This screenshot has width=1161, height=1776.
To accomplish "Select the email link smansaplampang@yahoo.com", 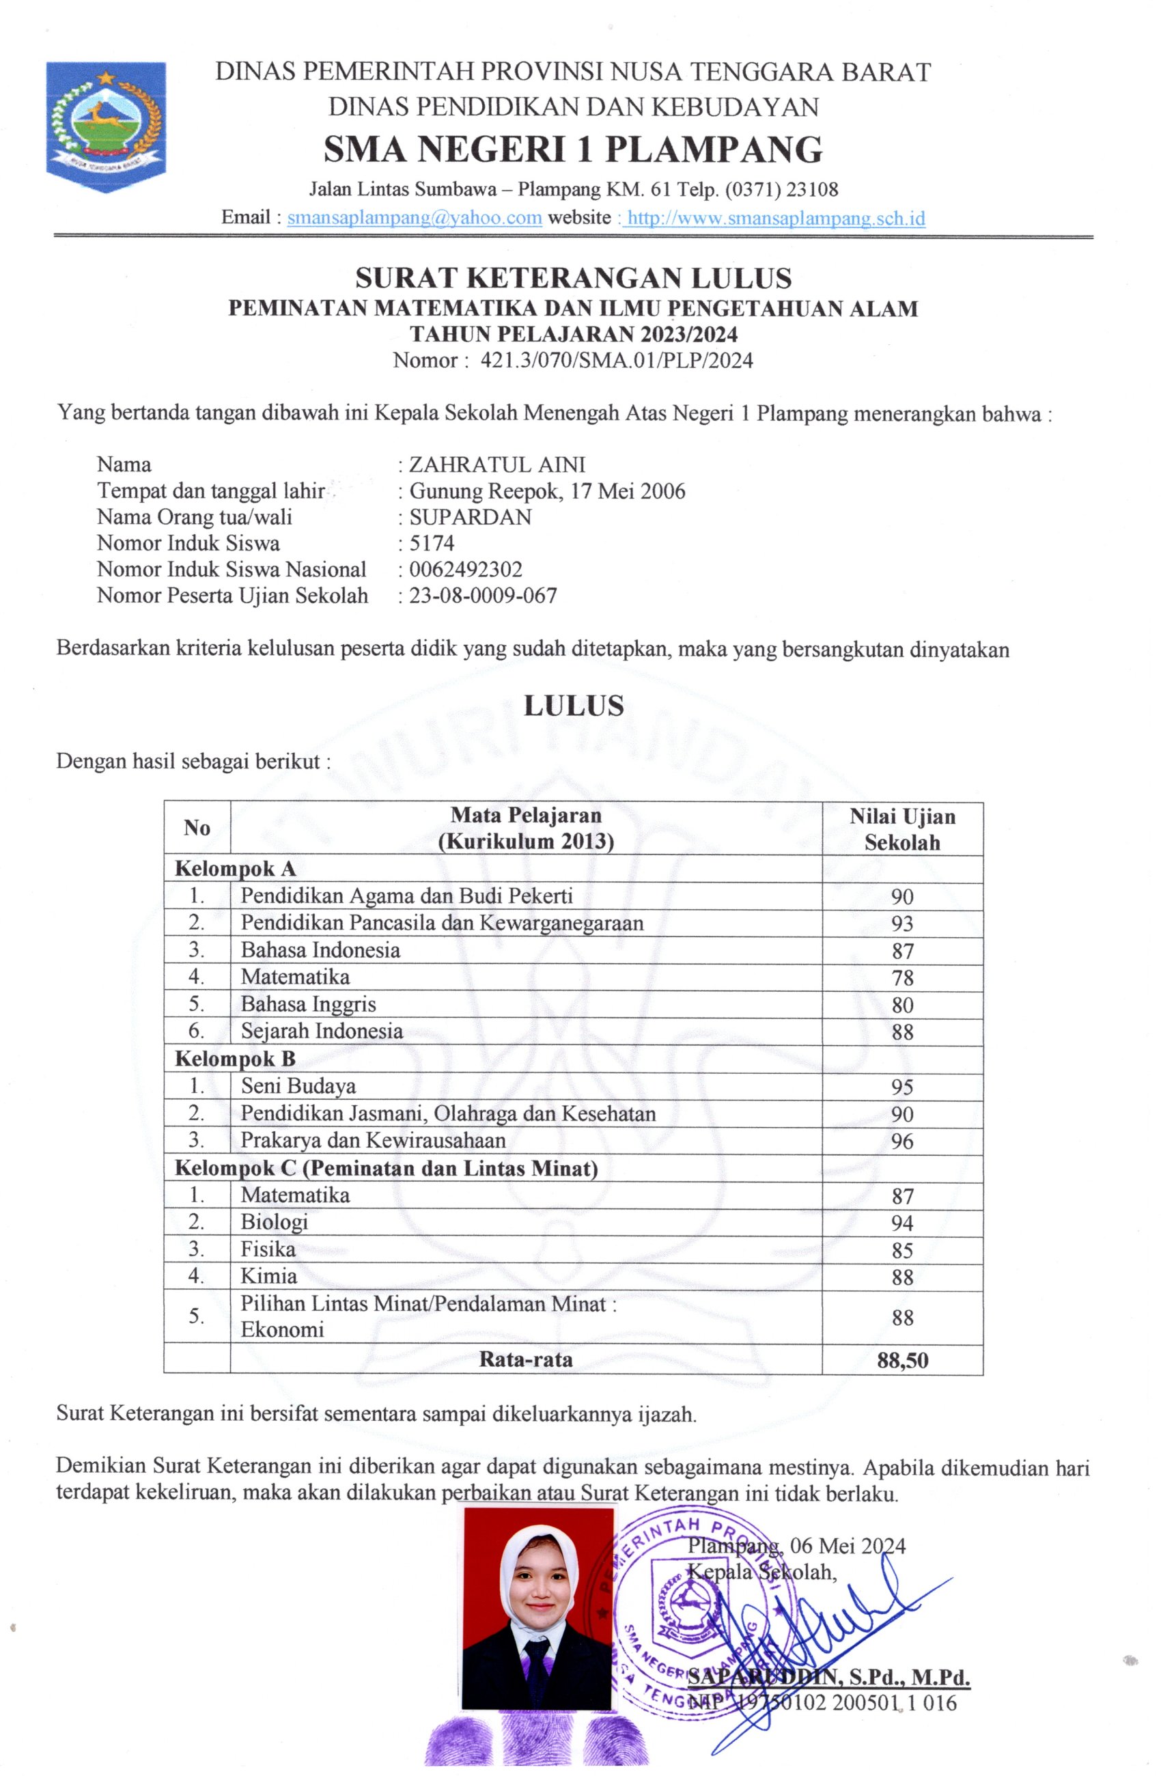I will [x=414, y=218].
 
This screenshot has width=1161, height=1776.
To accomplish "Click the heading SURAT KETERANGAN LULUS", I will [x=573, y=278].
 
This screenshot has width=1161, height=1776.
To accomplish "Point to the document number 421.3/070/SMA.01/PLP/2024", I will [x=616, y=361].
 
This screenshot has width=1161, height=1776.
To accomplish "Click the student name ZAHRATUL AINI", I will [x=497, y=464].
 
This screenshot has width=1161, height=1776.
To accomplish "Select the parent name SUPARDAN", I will [x=470, y=517].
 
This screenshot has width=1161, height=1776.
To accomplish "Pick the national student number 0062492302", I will [x=466, y=570].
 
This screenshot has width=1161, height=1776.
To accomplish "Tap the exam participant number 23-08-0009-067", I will [x=483, y=596].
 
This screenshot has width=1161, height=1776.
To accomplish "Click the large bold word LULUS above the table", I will [x=573, y=706].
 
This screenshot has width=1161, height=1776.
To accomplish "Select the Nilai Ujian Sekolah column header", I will [x=901, y=829].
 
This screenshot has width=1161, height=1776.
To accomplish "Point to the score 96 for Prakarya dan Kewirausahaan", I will [x=902, y=1141].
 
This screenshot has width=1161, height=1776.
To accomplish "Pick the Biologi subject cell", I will [x=274, y=1222].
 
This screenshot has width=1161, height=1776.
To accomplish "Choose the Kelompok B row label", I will [x=235, y=1059].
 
